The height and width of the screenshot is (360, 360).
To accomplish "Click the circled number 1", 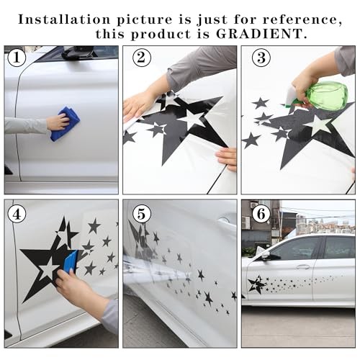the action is click(x=17, y=58).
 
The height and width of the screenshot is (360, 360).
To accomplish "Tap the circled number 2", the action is click(x=142, y=58).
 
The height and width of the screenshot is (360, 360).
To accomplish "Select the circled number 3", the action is click(x=261, y=58).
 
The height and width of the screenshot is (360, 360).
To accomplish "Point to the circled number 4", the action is click(x=17, y=214).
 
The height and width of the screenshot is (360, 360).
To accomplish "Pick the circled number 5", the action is click(x=142, y=214).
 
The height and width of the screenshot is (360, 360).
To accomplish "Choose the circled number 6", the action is click(x=261, y=214).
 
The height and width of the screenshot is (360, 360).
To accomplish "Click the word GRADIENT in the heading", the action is click(x=261, y=34).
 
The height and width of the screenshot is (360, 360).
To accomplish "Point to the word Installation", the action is click(x=64, y=19).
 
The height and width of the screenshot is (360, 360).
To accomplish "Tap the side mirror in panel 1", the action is click(x=78, y=53).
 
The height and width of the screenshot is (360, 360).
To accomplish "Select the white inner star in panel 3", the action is click(x=320, y=125).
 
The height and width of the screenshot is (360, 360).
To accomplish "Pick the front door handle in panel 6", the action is click(x=302, y=266).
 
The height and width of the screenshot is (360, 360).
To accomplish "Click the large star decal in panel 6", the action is click(x=256, y=284).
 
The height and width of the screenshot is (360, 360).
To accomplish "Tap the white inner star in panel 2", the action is click(x=192, y=119).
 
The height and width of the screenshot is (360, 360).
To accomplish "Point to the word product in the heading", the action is click(x=161, y=35).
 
